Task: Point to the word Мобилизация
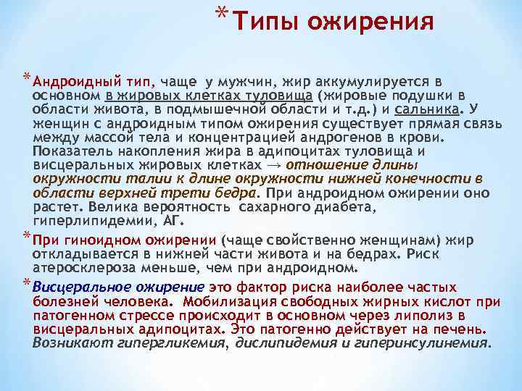click(x=225, y=301)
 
